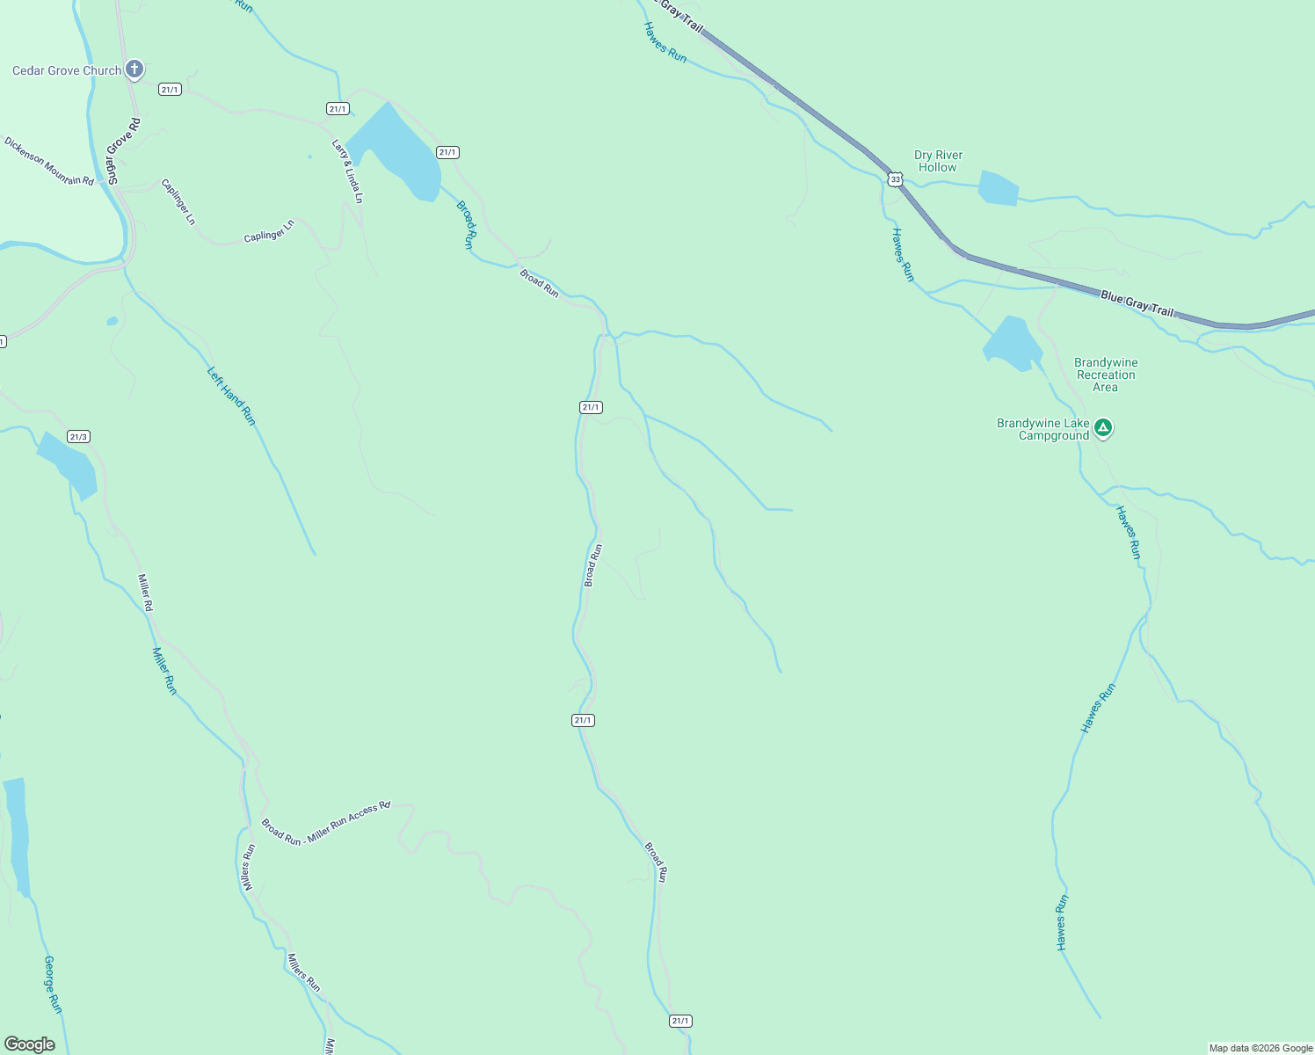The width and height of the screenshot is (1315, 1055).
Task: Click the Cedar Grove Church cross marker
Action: pos(134,69)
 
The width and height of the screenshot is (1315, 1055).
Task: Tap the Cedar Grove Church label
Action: pos(67,70)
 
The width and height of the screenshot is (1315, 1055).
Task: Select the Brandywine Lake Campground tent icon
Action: pos(1103,428)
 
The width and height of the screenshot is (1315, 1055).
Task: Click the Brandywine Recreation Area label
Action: pos(1105,375)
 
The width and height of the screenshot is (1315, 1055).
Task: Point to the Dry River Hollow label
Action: pos(938,161)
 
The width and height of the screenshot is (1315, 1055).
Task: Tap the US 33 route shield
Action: pos(895,179)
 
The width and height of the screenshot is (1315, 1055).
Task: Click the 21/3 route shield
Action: pos(78,437)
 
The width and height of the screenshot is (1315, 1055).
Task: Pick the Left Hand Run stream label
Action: pos(231,397)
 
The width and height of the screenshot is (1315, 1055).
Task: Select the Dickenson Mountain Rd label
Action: pos(48,161)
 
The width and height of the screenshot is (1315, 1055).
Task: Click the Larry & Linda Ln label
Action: pos(347,171)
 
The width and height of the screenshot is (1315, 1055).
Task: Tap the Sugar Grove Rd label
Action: pos(122,150)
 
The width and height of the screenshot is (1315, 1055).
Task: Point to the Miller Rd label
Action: pos(146,593)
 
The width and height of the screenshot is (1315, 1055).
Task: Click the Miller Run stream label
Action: pos(164,671)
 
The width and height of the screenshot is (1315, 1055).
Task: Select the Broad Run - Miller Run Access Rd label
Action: pos(325,824)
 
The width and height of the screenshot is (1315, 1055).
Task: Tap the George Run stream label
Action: pos(53,985)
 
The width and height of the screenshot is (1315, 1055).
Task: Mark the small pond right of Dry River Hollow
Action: pos(998,188)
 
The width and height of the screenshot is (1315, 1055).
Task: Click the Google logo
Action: pos(29,1044)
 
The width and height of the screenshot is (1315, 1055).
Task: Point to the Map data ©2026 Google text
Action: pos(1261,1048)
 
